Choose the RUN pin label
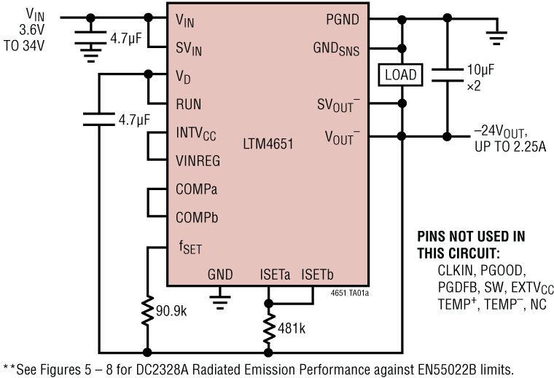(x=189, y=103)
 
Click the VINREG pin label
(x=198, y=161)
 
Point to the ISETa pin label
(x=275, y=275)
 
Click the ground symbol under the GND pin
(x=219, y=297)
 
